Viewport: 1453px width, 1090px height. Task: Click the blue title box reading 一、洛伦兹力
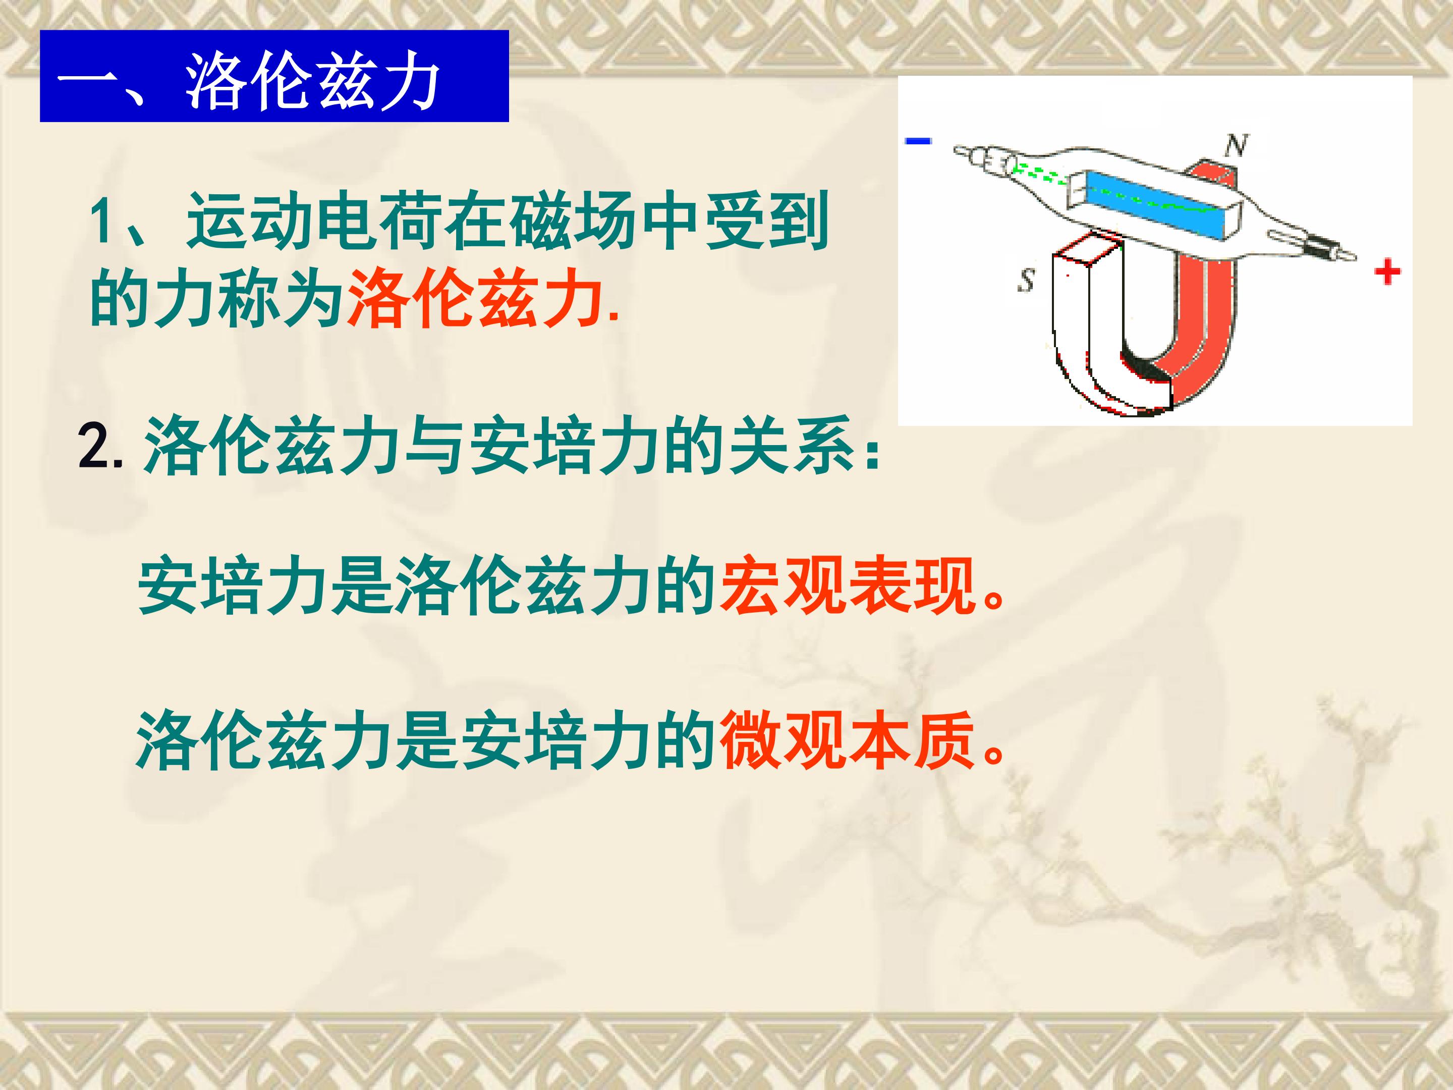click(274, 76)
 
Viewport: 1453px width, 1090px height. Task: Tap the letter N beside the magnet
click(1236, 146)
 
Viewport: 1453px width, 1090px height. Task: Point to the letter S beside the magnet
click(1025, 281)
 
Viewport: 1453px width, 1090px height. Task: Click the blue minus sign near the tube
click(918, 140)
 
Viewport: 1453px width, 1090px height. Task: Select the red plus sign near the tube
click(1387, 272)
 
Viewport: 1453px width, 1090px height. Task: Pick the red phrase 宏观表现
click(847, 583)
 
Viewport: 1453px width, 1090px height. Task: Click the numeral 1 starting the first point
click(104, 222)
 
